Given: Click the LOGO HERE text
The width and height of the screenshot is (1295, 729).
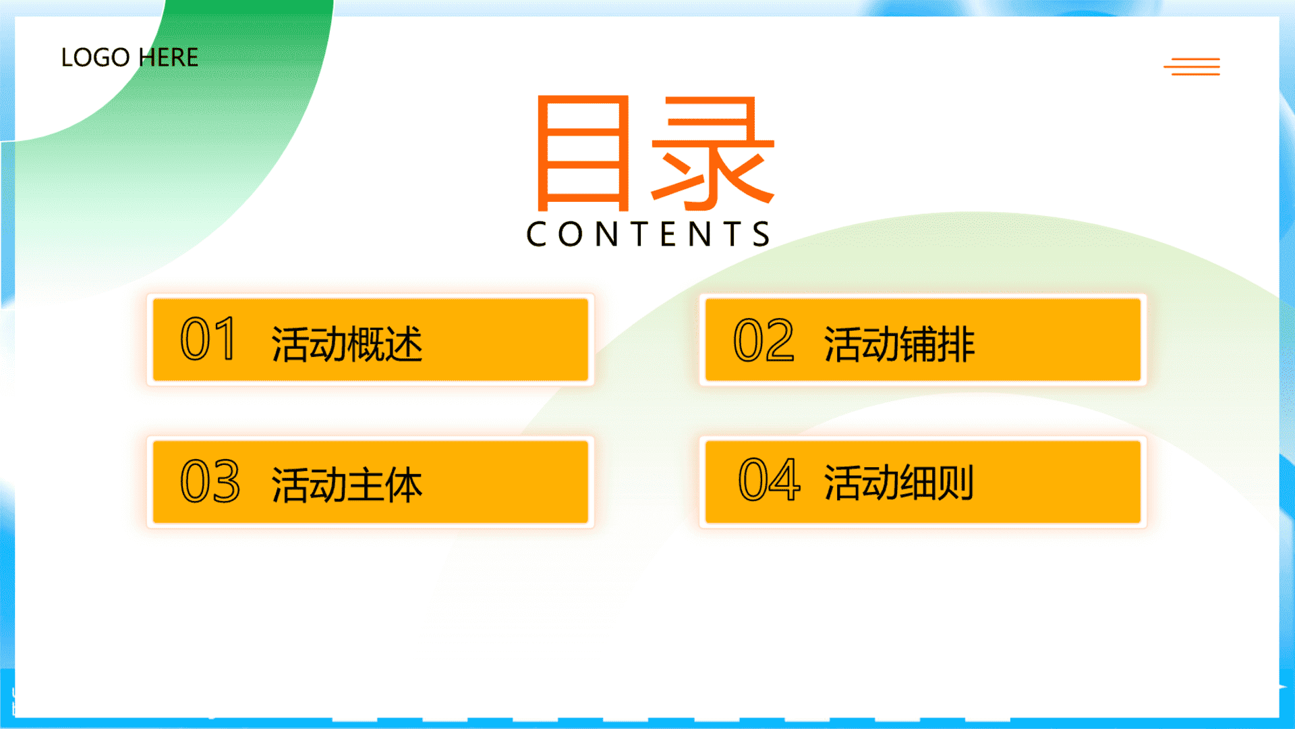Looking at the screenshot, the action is (129, 57).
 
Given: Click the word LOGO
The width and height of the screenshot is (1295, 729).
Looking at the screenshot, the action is (95, 57).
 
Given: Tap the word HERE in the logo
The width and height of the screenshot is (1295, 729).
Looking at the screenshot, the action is (168, 57).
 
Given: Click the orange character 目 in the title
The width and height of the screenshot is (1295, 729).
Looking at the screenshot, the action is (583, 153).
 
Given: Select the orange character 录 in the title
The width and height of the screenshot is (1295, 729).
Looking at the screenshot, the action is (713, 153).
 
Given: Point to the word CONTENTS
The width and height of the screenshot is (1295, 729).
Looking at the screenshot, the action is (648, 234).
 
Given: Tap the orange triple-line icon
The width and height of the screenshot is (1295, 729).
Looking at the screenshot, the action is (1192, 66).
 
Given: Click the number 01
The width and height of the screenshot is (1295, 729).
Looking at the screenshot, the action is (208, 339).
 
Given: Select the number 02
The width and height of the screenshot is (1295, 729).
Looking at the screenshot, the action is (764, 340).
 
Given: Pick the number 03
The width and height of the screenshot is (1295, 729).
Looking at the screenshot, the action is (210, 481).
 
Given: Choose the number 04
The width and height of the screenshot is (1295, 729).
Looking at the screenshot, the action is (769, 479).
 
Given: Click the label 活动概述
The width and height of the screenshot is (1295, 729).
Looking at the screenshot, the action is (347, 344).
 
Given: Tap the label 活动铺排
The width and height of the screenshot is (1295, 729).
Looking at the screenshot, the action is (899, 344).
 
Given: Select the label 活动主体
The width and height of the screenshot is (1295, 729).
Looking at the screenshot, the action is (347, 485).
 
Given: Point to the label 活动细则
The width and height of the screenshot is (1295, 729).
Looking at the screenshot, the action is (898, 483).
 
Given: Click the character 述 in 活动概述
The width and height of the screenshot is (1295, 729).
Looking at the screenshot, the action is (404, 344).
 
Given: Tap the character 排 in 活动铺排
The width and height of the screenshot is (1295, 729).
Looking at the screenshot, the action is (956, 344).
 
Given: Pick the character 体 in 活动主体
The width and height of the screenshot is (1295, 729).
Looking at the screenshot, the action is (404, 485).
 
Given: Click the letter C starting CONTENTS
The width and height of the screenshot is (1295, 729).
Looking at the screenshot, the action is (537, 234).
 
